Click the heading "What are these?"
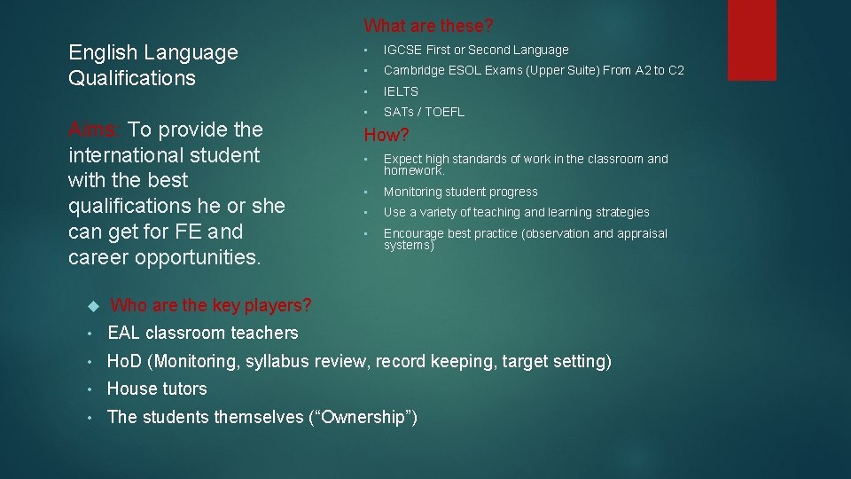(429, 26)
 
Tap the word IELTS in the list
(401, 91)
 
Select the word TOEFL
(445, 112)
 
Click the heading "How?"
(387, 136)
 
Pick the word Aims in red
(92, 130)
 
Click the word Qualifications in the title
(132, 78)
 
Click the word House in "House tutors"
(131, 389)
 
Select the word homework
(413, 170)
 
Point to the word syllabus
(275, 362)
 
